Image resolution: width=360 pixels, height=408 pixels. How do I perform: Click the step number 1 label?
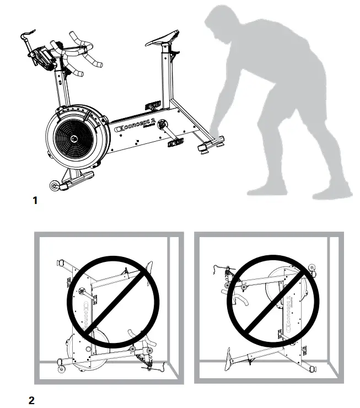click(x=36, y=202)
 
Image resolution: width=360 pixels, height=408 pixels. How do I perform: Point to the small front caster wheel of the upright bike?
click(x=55, y=187)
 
